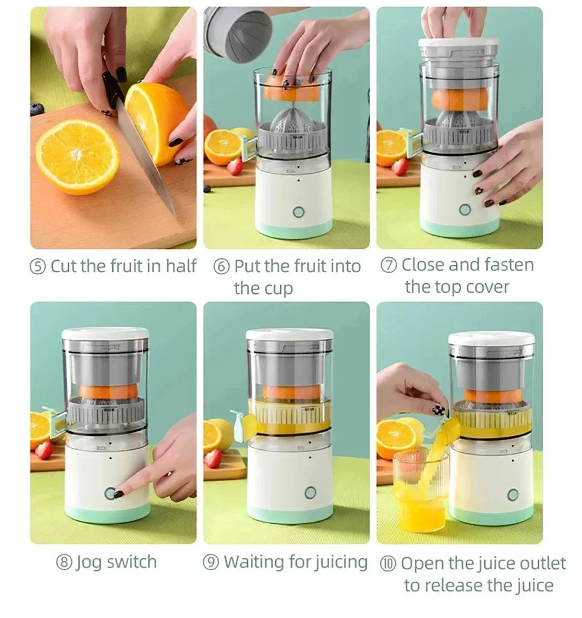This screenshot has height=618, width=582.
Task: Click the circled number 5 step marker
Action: (x=38, y=266)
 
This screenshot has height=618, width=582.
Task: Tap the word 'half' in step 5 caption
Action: (x=181, y=266)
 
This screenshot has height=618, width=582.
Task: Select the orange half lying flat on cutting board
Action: (x=78, y=156)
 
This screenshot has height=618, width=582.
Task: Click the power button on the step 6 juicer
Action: (x=298, y=212)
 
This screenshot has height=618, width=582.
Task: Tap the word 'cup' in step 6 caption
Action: (x=277, y=288)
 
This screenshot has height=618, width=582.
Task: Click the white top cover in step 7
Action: (x=459, y=43)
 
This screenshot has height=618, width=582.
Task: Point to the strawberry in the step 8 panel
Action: (x=43, y=451)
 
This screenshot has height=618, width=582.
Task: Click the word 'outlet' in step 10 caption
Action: (x=542, y=563)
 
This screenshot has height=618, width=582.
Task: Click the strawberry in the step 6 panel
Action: (x=235, y=166)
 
